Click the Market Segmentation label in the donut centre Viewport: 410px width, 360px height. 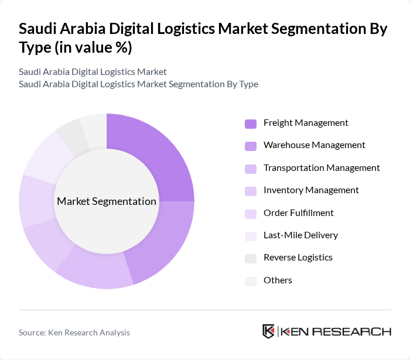click(x=107, y=201)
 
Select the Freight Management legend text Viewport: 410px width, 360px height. click(x=306, y=123)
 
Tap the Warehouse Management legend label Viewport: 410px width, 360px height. click(x=314, y=145)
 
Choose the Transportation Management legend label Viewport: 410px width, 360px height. click(x=322, y=168)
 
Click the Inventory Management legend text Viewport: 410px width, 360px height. click(x=311, y=190)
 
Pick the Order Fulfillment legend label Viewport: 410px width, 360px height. click(x=299, y=213)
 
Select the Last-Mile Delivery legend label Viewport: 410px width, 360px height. click(x=300, y=235)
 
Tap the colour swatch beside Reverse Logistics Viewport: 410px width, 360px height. click(x=251, y=258)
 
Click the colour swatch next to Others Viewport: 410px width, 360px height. click(x=251, y=281)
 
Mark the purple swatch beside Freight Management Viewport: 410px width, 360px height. click(x=251, y=124)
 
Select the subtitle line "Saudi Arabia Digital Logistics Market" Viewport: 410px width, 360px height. click(x=93, y=72)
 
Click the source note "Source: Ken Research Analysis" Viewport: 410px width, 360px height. click(x=74, y=332)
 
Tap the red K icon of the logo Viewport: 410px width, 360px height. click(x=269, y=331)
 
